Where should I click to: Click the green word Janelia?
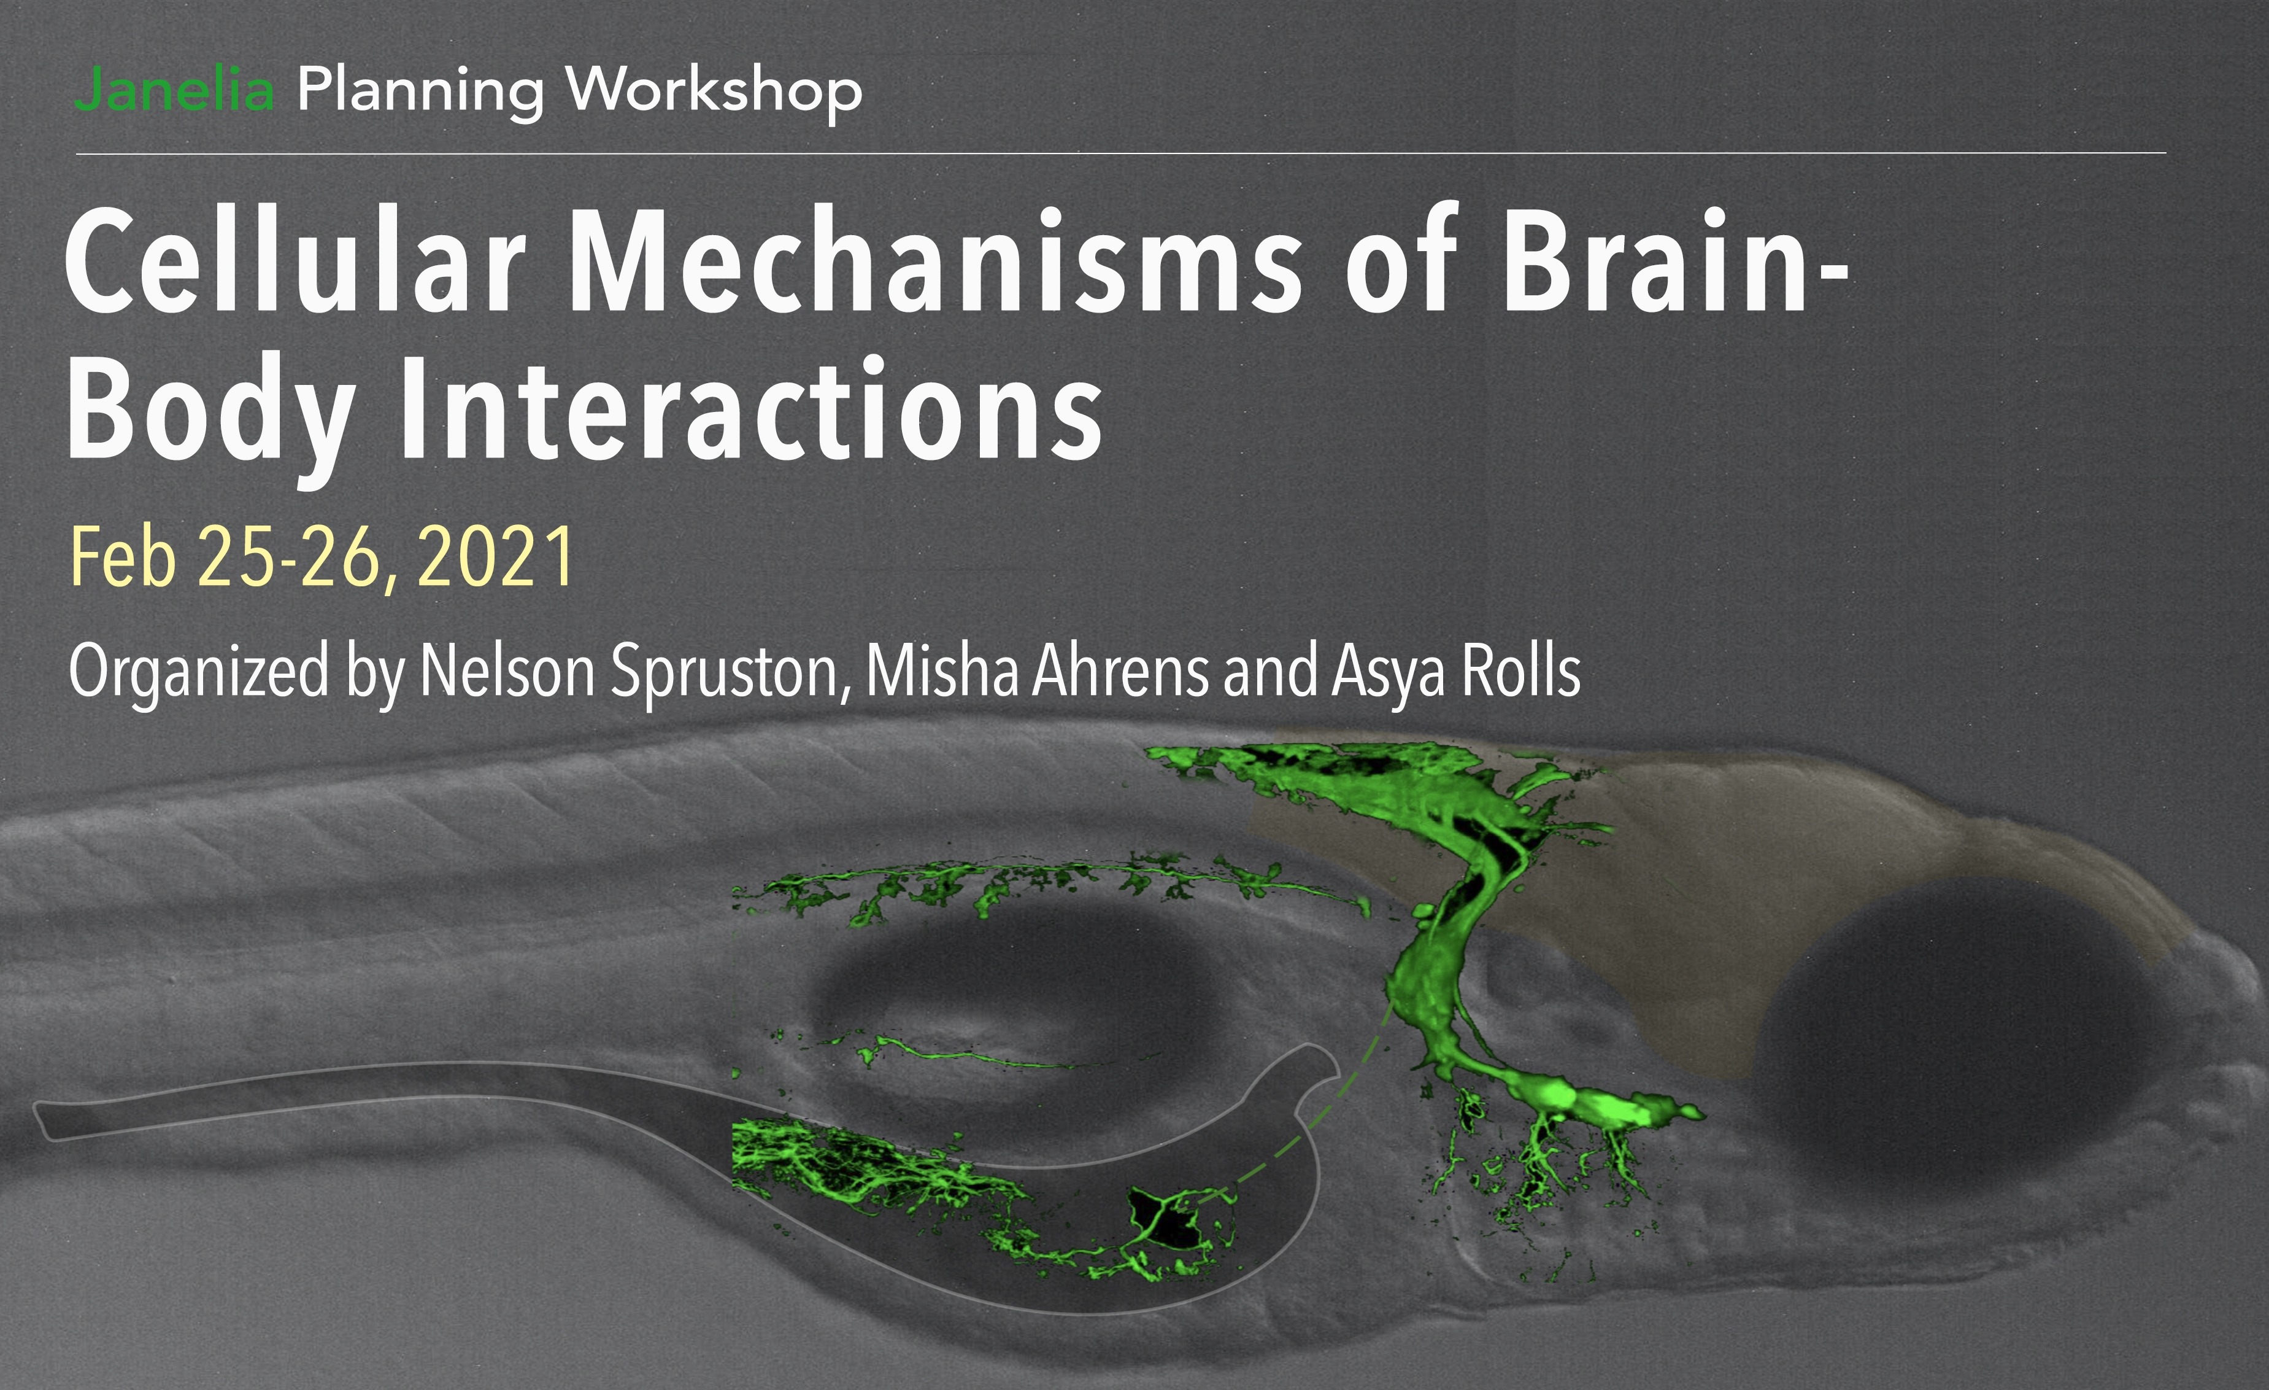click(x=175, y=90)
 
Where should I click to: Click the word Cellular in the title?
click(x=295, y=259)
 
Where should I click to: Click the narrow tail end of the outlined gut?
click(x=46, y=1119)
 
